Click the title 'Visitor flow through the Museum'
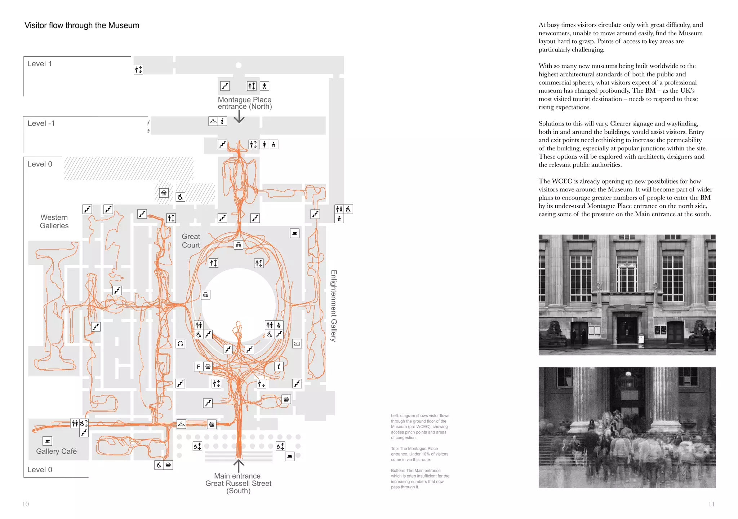82,25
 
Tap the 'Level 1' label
40,64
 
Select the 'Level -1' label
41,123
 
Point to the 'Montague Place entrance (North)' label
245,103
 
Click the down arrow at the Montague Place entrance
239,116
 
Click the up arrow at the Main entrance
239,465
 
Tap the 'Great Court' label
191,241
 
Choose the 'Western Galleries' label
54,221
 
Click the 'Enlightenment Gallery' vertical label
334,305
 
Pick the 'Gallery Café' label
56,451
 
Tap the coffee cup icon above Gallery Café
47,441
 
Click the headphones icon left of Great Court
180,344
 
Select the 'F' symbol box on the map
199,367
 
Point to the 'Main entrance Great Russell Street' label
238,483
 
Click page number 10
26,504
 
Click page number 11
711,504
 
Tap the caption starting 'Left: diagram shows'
420,427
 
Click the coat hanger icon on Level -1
213,121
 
